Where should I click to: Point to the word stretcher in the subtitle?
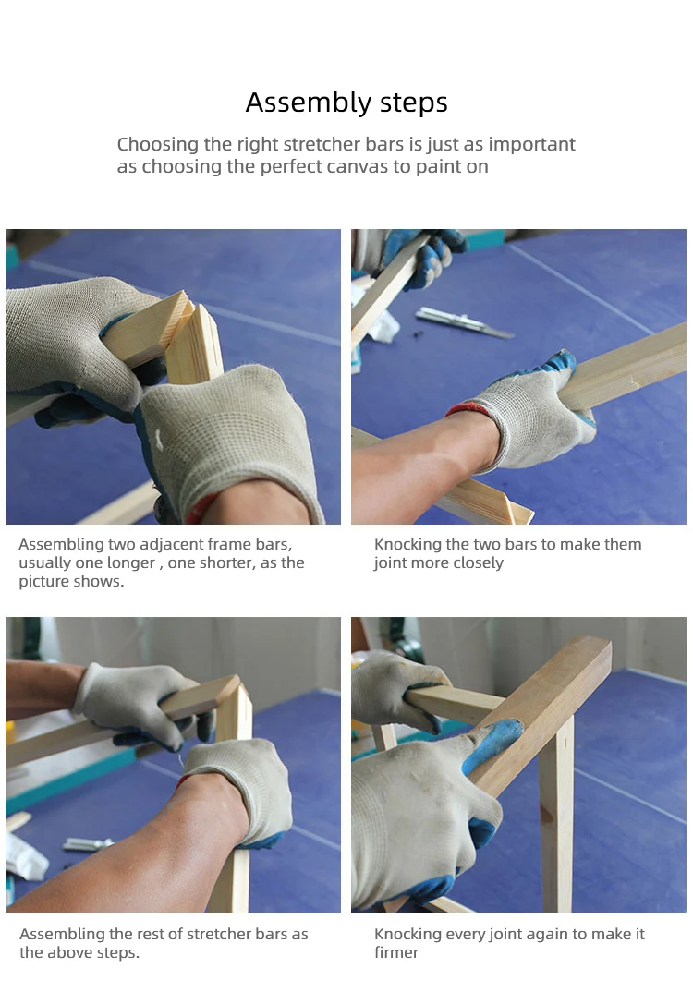322,144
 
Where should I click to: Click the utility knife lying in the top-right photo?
463,322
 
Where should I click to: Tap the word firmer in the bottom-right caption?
395,953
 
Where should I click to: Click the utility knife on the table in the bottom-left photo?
88,844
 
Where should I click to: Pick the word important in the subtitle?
531,145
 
